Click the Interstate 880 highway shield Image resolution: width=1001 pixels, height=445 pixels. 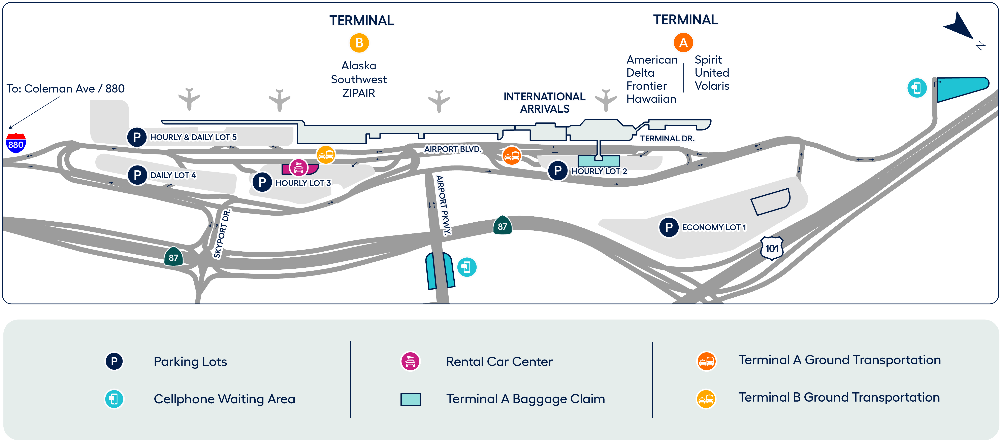pos(16,143)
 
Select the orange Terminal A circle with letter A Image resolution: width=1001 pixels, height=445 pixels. pos(683,43)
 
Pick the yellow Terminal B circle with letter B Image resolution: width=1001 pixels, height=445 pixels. pos(359,43)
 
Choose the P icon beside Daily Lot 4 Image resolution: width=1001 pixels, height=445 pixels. pos(137,175)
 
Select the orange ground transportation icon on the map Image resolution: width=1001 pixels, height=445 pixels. pos(512,155)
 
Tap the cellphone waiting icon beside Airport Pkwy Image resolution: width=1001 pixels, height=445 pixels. pos(467,267)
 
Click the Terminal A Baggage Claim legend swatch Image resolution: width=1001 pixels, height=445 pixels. pos(410,399)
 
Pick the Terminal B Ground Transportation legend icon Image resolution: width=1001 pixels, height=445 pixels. pos(706,398)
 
